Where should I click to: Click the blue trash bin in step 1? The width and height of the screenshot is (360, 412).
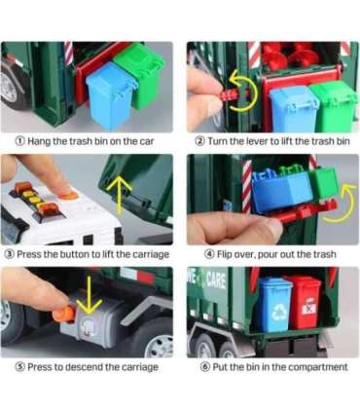coord(110,95)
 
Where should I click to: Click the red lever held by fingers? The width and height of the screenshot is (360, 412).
coord(231,94)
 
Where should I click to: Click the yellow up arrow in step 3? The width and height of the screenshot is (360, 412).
coord(120,194)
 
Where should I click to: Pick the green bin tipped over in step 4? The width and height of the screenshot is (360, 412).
coord(323,182)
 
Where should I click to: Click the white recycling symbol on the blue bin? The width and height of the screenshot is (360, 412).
coord(279,312)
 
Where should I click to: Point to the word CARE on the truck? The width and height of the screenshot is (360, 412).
coord(216,281)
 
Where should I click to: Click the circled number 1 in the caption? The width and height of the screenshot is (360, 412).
coord(20,141)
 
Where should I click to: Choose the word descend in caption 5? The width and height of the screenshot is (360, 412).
coord(84,367)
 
